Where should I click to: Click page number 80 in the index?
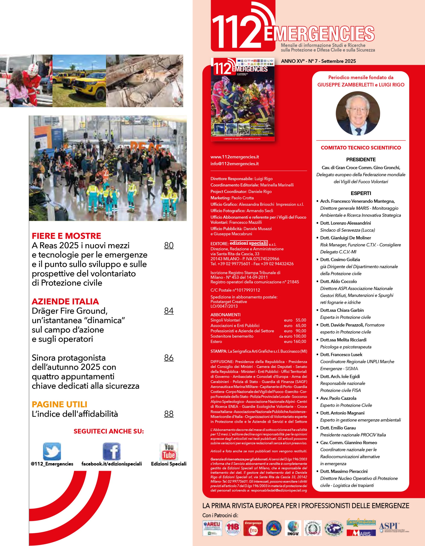(x=169, y=245)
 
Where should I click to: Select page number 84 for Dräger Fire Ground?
(x=169, y=311)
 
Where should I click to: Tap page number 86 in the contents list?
(x=169, y=358)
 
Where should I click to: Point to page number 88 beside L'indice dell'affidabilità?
(x=169, y=414)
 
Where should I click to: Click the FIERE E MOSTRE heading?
(x=66, y=236)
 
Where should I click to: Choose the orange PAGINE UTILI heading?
(x=60, y=405)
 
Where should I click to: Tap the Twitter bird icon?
(x=52, y=452)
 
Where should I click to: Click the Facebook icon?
(x=112, y=452)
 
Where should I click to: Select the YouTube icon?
(x=169, y=452)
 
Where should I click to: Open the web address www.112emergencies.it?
(x=234, y=157)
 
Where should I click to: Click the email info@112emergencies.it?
(x=234, y=164)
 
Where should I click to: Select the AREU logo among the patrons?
(x=212, y=528)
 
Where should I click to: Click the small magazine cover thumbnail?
(x=242, y=100)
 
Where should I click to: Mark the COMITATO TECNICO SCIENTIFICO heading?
(x=361, y=148)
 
